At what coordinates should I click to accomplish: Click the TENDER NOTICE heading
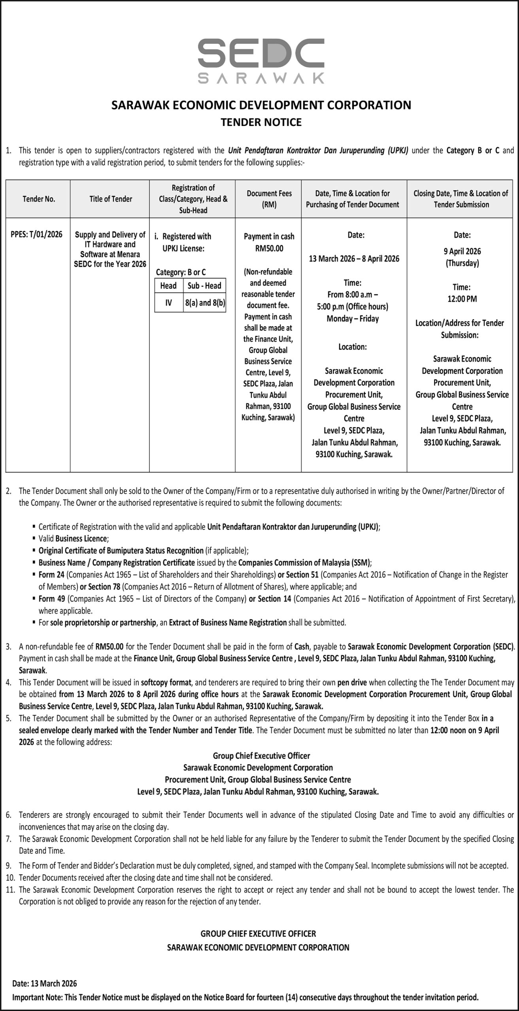(261, 122)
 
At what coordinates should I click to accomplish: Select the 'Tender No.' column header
(38, 199)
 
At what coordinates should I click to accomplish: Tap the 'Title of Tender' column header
(111, 199)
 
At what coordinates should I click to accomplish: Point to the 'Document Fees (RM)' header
(269, 199)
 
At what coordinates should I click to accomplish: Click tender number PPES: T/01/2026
(37, 235)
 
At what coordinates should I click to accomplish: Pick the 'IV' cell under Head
(169, 303)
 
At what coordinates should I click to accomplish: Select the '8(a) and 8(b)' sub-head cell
(205, 303)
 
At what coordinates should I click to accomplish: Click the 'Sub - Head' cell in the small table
(204, 286)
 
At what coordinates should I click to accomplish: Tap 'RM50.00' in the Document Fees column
(269, 248)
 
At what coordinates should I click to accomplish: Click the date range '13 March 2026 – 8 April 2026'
(354, 259)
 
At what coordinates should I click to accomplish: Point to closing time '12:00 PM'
(462, 299)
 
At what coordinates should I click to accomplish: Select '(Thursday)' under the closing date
(462, 263)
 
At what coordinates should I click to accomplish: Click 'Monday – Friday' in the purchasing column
(353, 318)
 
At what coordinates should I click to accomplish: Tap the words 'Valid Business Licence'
(73, 539)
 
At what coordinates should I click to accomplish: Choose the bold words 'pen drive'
(352, 682)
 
